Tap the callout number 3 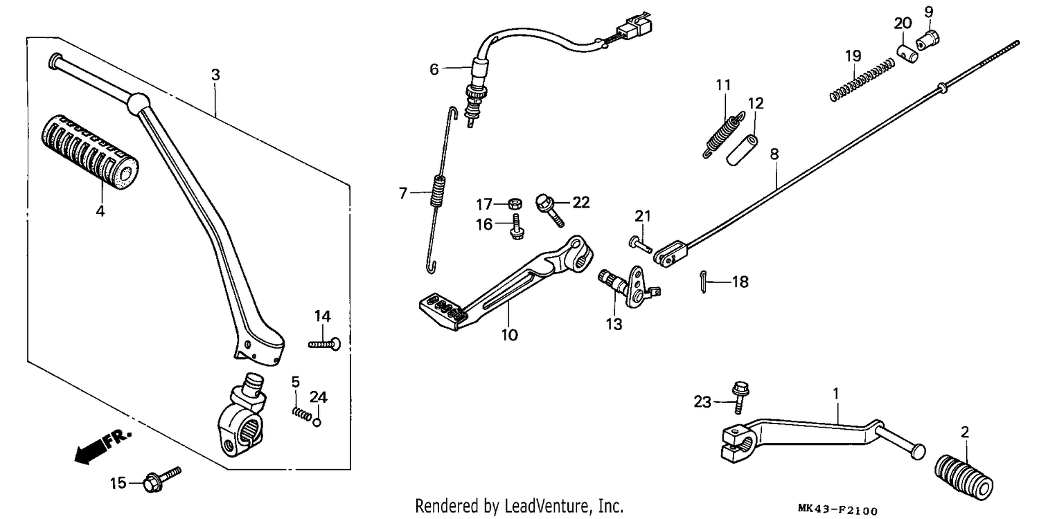coord(215,75)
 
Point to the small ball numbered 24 coord(317,423)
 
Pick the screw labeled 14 coord(324,345)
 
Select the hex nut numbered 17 coord(515,203)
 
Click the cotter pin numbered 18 coord(704,282)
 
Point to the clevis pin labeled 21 coord(641,244)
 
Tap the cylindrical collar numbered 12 coord(742,149)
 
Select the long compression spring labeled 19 coord(862,80)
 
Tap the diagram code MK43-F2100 coord(837,510)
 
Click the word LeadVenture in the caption coord(546,506)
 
